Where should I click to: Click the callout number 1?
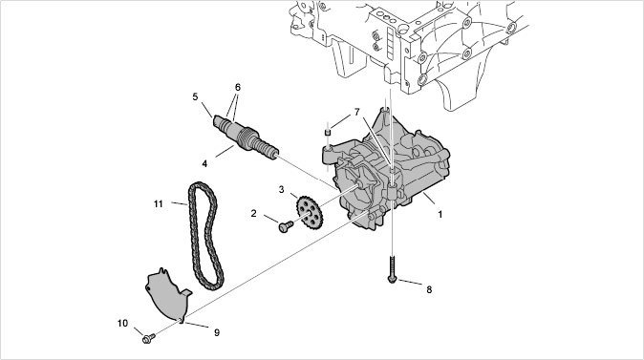(440, 214)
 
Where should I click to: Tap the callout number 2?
(253, 214)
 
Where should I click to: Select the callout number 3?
(281, 190)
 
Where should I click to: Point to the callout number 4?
(204, 164)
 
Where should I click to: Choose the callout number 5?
(195, 96)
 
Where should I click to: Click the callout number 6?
(237, 88)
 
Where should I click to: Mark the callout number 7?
(357, 112)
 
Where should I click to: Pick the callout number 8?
(429, 289)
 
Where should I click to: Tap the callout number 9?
(217, 332)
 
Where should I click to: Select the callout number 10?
(122, 324)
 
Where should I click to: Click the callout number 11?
(158, 204)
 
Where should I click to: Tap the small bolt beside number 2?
(286, 226)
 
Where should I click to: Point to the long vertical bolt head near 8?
(392, 279)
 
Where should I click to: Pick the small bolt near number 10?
(148, 339)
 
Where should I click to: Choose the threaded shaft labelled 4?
(246, 138)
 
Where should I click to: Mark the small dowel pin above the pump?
(328, 132)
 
